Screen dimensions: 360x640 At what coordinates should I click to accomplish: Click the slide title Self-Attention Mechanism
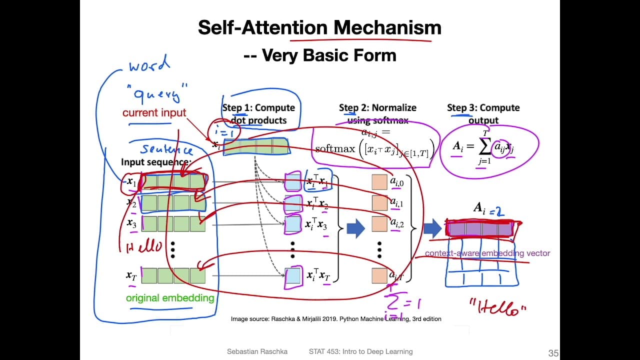tap(319, 27)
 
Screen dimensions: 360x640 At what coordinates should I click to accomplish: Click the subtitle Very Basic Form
tap(319, 55)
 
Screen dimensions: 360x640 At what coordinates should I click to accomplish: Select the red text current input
tap(154, 113)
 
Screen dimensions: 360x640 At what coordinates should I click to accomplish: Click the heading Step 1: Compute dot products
tap(258, 113)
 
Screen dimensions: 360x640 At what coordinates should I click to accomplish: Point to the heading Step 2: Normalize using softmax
tap(377, 113)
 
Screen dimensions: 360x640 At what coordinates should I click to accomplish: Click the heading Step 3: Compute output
tap(483, 113)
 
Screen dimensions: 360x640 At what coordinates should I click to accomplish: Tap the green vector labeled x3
tap(173, 223)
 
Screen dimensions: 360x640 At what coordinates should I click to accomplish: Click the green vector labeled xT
tap(173, 275)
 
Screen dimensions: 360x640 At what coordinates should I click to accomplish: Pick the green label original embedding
tap(169, 298)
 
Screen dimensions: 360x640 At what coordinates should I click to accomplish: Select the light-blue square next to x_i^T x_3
tap(292, 224)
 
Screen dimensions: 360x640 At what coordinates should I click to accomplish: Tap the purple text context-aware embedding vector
tap(487, 253)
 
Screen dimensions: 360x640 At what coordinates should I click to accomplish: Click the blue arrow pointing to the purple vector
tap(432, 228)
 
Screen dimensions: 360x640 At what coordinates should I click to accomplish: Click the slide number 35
tap(553, 353)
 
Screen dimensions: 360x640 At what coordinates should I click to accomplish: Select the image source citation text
tap(335, 318)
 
